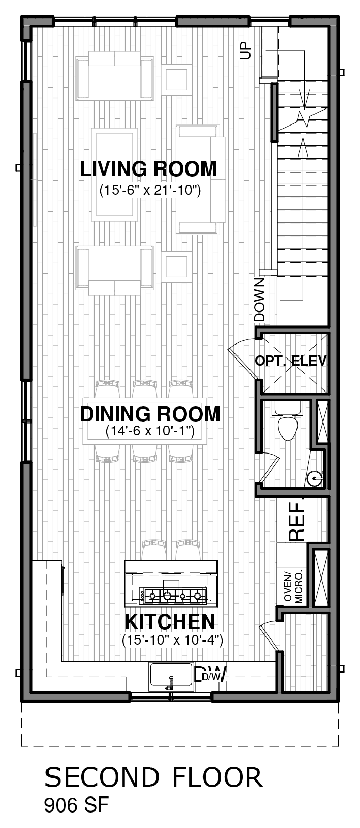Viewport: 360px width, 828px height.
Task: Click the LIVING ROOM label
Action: point(148,169)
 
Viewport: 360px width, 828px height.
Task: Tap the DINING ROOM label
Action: point(150,414)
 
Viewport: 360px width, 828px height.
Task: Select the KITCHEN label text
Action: point(170,621)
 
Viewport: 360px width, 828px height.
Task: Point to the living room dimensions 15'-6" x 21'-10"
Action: point(150,190)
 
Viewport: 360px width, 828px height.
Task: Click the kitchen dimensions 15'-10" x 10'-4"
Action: point(173,640)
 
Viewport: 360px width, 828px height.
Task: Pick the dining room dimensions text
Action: point(150,431)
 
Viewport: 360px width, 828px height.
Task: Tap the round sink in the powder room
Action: point(315,478)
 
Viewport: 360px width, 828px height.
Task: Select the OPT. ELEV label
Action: point(291,361)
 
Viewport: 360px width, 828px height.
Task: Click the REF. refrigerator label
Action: point(297,519)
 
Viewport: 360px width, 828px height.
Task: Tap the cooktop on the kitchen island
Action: point(171,595)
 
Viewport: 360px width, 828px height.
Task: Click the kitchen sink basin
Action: point(171,677)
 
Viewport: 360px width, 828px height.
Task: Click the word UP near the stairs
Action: point(245,51)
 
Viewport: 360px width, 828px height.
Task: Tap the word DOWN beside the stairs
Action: point(260,300)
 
